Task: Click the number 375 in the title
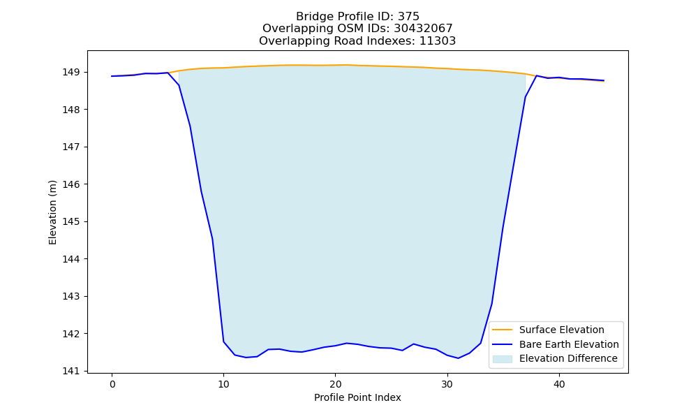(408, 17)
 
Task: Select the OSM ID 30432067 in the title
(423, 29)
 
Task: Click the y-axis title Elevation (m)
(52, 212)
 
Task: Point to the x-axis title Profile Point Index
(357, 397)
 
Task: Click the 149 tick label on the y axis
(72, 72)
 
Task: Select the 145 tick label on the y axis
(72, 222)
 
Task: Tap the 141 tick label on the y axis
(72, 371)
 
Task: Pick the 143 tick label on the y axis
(72, 297)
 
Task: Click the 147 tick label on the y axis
(72, 147)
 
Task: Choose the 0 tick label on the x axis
(112, 384)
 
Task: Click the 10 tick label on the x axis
(223, 384)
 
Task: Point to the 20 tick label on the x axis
(335, 384)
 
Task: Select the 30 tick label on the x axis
(447, 384)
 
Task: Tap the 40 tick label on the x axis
(559, 384)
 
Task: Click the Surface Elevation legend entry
(547, 330)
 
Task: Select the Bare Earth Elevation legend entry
(555, 344)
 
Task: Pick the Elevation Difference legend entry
(555, 358)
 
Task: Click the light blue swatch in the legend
(502, 359)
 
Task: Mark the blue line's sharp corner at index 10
(223, 341)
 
